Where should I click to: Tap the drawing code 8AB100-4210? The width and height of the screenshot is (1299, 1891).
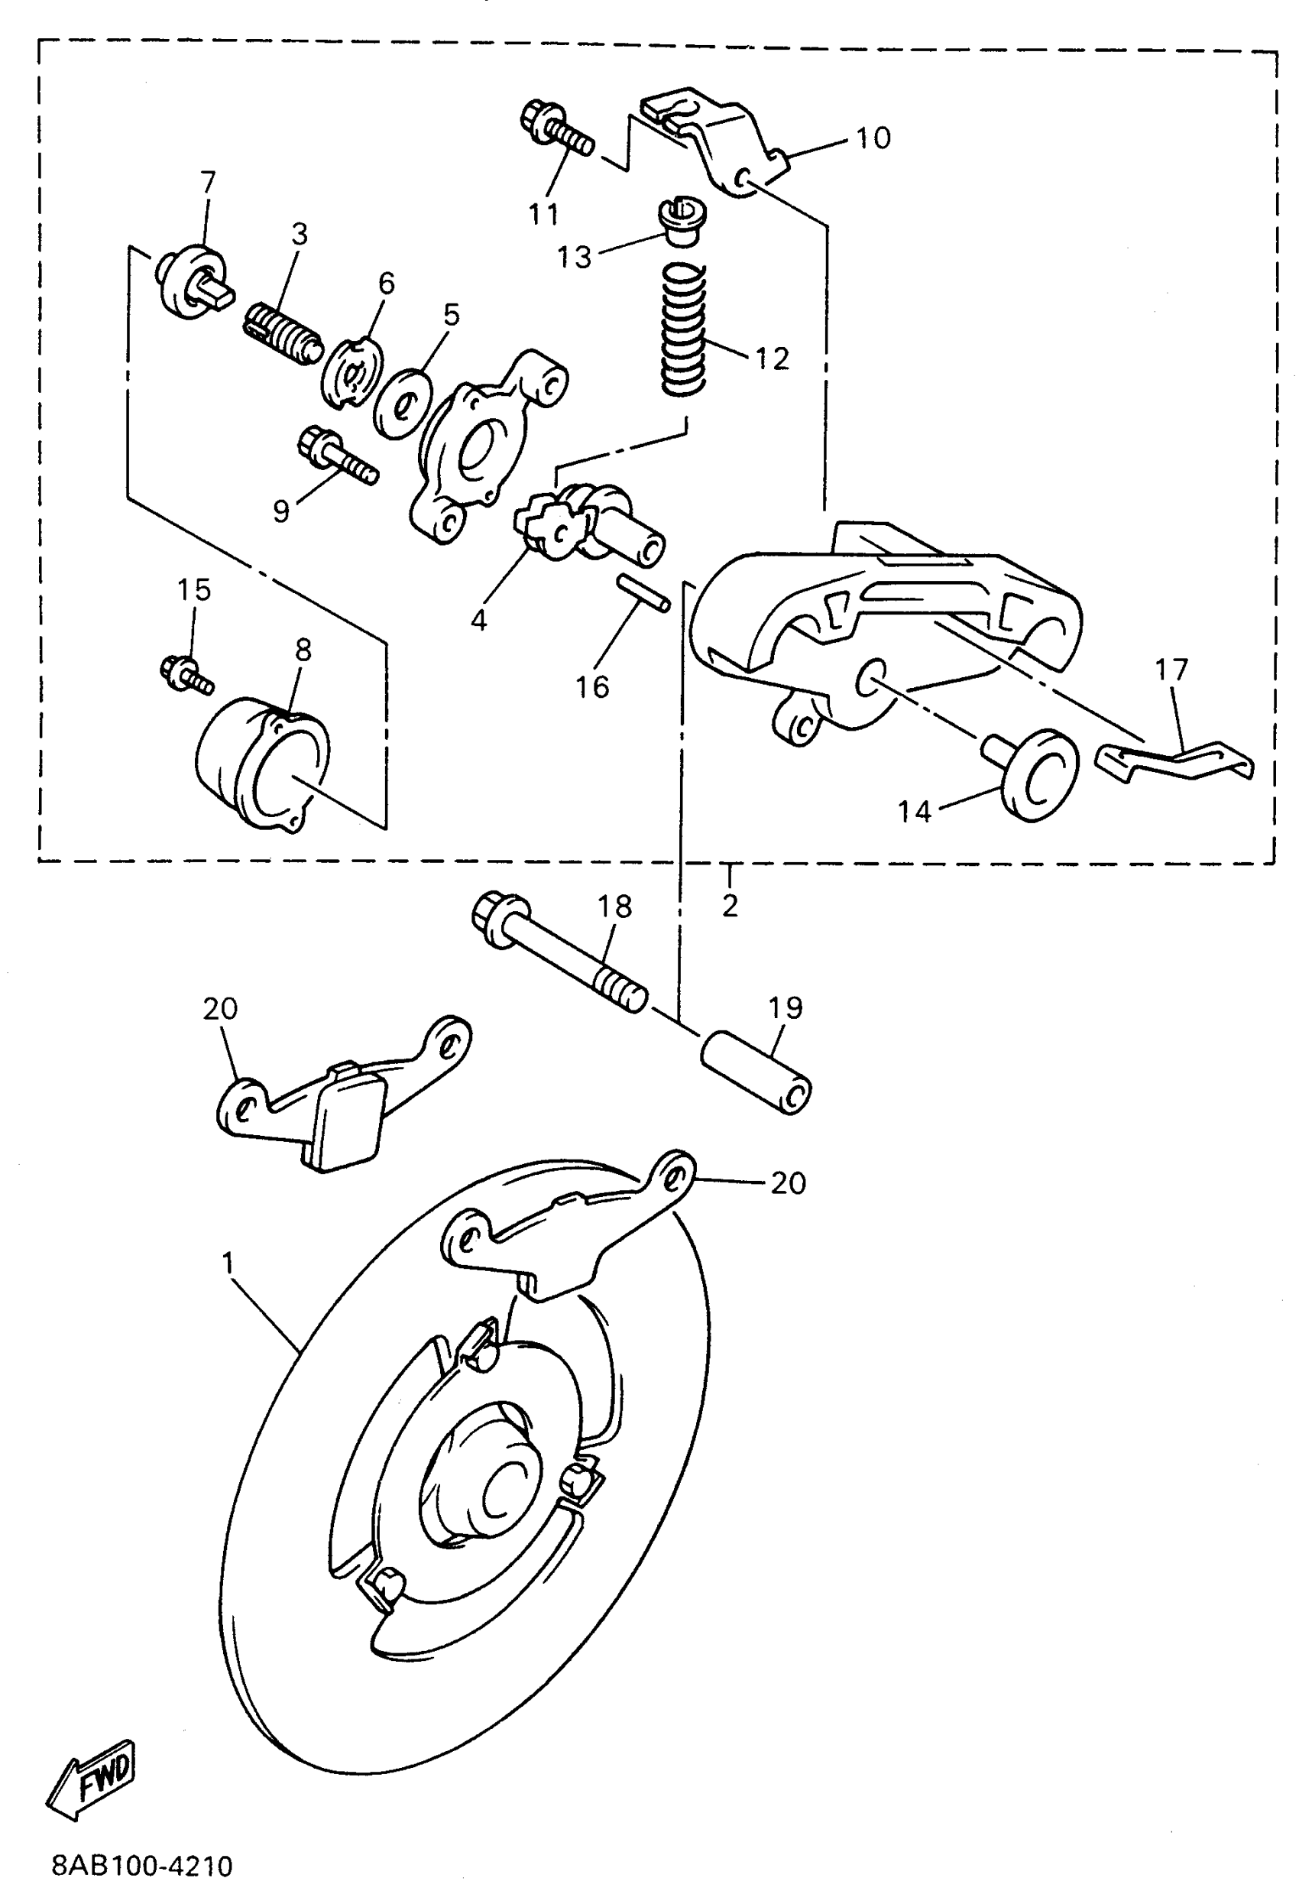point(142,1865)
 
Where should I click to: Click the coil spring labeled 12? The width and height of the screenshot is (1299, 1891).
point(682,331)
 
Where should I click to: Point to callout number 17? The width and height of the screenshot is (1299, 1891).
point(1171,670)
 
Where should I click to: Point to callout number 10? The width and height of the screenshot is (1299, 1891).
point(873,138)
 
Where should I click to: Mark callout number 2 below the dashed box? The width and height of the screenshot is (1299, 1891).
point(730,905)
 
